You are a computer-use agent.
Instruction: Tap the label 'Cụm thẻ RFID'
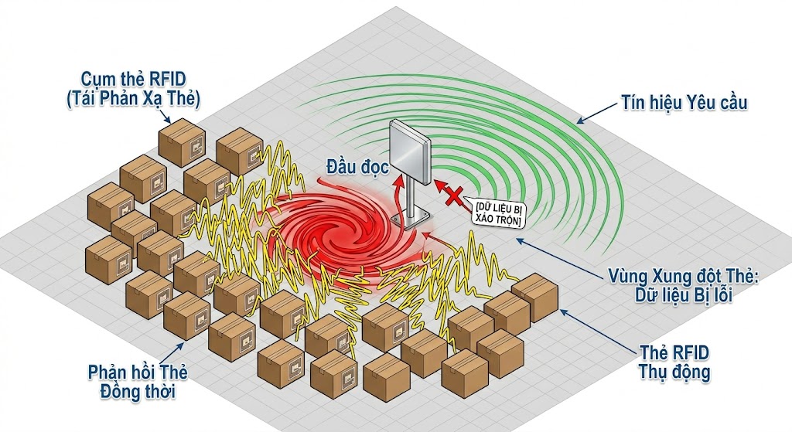140,80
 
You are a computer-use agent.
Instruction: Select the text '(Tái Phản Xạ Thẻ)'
140,98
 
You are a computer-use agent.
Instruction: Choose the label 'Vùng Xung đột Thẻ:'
681,277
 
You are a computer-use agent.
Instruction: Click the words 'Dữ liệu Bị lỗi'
681,295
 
